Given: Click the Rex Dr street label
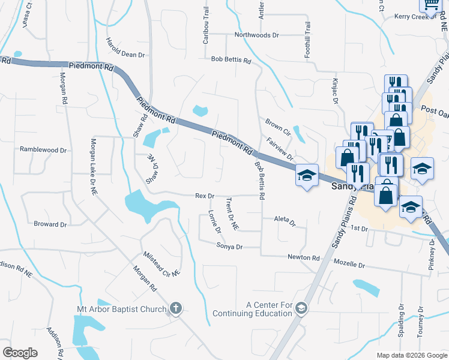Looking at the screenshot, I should pos(205,196).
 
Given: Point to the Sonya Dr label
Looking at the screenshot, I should pos(229,247).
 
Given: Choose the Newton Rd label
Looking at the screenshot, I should pos(304,257).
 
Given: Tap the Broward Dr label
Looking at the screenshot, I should pos(50,224).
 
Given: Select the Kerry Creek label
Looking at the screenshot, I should pos(412,17).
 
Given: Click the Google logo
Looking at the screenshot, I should pos(20,352).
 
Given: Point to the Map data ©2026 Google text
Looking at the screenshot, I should pos(411,355).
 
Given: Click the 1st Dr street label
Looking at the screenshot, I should pos(359,228).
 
